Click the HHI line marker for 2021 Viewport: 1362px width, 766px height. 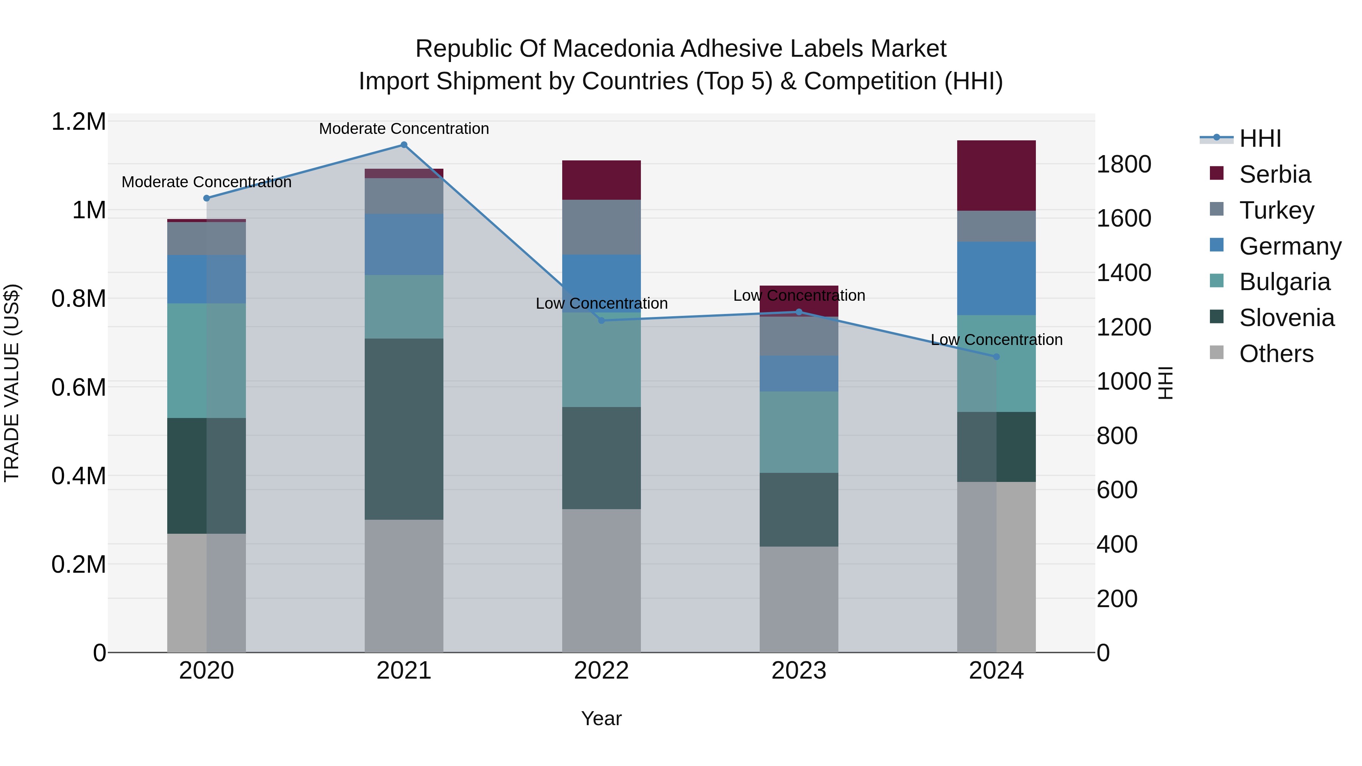click(404, 145)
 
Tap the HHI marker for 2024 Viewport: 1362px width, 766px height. click(996, 357)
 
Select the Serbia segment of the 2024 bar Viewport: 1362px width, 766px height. click(996, 176)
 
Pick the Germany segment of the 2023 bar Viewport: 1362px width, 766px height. click(799, 374)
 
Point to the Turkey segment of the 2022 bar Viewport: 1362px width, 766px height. click(601, 227)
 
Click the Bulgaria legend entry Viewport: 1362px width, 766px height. click(1284, 282)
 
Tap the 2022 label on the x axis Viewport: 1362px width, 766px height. click(601, 671)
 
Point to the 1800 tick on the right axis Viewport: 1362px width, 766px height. click(1124, 165)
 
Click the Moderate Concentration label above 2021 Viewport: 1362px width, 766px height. click(404, 129)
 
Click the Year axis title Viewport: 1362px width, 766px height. click(601, 718)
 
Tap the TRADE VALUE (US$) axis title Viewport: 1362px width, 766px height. click(12, 383)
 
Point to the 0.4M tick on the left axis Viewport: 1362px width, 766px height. click(79, 476)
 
